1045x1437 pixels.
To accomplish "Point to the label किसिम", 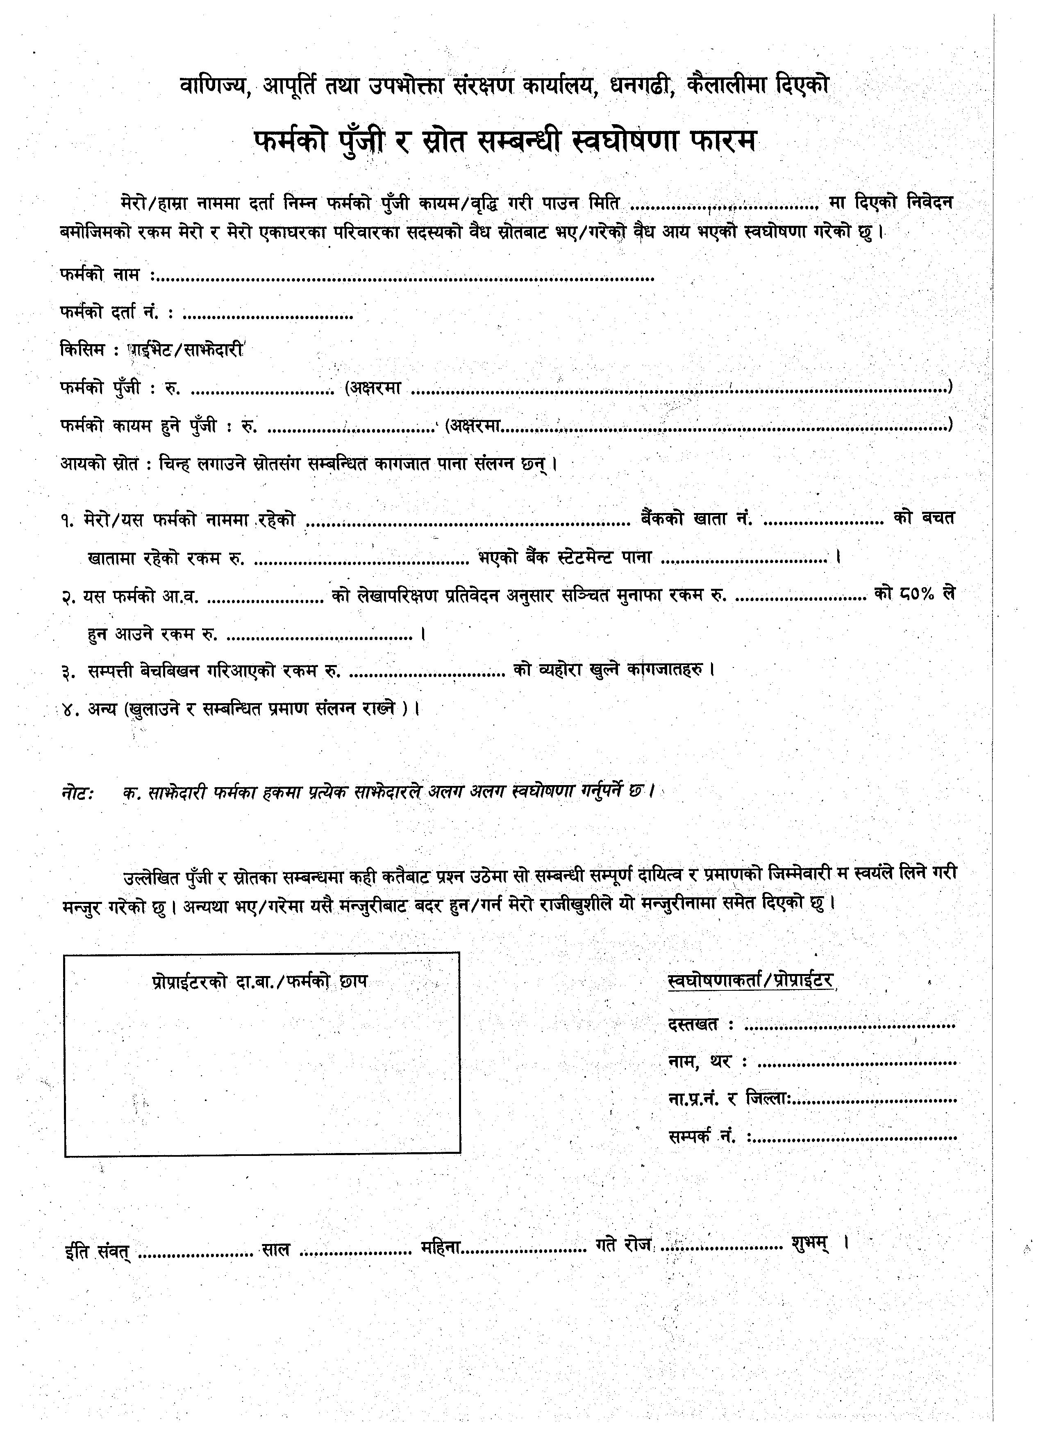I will coord(82,350).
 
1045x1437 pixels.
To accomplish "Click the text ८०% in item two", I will coord(916,594).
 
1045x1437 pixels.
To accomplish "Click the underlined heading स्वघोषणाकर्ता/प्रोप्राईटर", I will coord(750,981).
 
